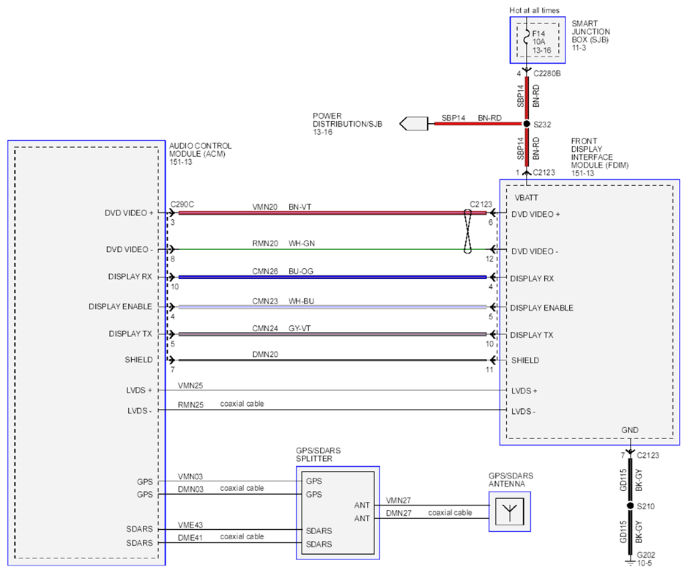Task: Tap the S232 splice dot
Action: click(527, 124)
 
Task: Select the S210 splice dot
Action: click(630, 506)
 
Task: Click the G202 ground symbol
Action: click(630, 561)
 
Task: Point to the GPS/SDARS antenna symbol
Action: click(510, 511)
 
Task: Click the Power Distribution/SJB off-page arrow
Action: click(414, 124)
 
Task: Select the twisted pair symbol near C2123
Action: click(467, 231)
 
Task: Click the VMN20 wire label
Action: click(264, 207)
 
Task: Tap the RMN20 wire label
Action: click(265, 243)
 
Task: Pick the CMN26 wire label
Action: click(265, 271)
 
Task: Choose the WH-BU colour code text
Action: click(301, 301)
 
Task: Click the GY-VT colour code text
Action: click(300, 328)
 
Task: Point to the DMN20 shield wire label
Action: click(265, 354)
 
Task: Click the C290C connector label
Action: click(182, 204)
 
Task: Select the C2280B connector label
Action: click(547, 74)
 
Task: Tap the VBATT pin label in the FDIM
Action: click(526, 198)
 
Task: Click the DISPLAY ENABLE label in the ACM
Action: click(121, 306)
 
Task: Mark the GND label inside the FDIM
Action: click(630, 430)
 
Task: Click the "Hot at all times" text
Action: click(534, 10)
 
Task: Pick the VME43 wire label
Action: click(190, 525)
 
